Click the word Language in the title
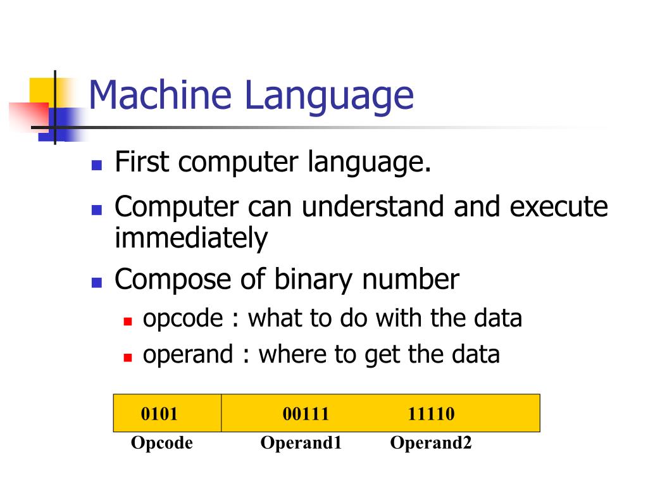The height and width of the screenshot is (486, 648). (329, 96)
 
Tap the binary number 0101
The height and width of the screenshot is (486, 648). (159, 414)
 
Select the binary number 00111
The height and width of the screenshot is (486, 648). (306, 414)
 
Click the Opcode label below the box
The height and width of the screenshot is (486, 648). (161, 443)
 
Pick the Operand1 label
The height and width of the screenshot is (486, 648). (301, 443)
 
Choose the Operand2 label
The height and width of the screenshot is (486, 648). (430, 443)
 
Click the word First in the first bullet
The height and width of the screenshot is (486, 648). (142, 163)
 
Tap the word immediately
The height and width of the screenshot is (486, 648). (190, 239)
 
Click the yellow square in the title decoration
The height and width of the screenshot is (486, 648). (40, 89)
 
